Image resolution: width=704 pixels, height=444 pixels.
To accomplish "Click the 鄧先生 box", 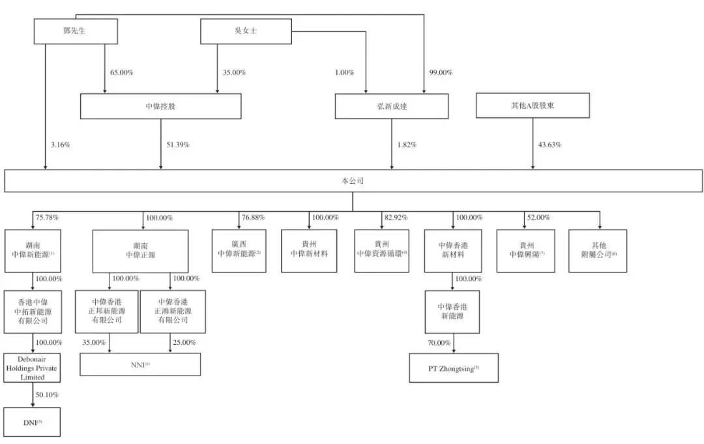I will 76,31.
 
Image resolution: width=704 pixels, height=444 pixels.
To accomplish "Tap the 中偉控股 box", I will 160,106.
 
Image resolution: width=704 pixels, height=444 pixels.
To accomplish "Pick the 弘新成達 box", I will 391,106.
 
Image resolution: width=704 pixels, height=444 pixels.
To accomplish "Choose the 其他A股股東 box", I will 533,105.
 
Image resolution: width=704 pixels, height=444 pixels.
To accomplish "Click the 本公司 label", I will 352,181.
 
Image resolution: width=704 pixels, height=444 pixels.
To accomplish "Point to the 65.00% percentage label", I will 122,72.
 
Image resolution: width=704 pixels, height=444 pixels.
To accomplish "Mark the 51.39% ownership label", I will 177,144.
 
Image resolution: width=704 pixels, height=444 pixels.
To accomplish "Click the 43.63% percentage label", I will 550,144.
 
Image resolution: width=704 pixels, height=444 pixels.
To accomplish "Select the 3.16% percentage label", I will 59,144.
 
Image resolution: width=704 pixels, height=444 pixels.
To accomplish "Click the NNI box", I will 140,364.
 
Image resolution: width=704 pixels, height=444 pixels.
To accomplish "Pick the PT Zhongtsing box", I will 454,368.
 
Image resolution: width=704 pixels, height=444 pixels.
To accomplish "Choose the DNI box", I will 33,422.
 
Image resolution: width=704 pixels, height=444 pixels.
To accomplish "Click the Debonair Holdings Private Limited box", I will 33,368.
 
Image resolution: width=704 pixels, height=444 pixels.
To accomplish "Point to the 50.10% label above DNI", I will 48,395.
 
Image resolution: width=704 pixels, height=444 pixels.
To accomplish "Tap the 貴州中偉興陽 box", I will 525,251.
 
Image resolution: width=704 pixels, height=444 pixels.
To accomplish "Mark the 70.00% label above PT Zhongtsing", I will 439,342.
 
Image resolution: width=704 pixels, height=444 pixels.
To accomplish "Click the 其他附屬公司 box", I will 597,251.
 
